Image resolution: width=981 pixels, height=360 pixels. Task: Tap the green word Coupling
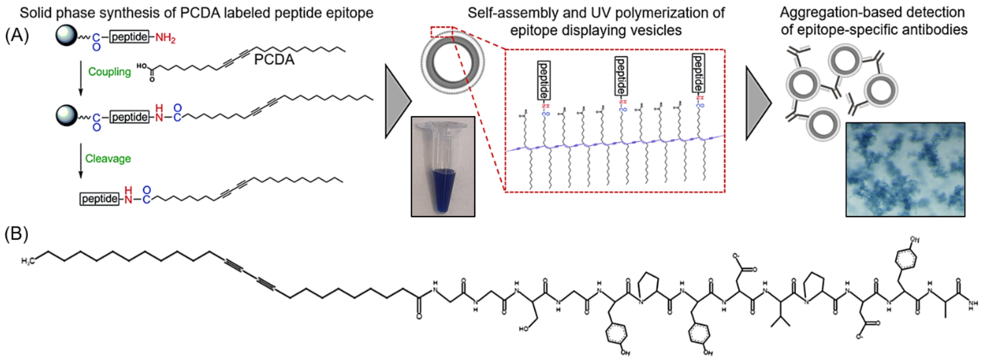tap(109, 72)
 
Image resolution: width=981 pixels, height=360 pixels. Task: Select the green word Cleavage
tap(108, 158)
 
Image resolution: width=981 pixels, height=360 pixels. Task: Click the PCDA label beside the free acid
tap(274, 60)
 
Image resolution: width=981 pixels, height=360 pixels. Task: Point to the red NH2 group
tap(165, 38)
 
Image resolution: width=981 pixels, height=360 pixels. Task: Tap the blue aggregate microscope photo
tap(905, 169)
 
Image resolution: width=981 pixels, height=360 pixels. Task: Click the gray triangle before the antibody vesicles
tap(758, 103)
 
